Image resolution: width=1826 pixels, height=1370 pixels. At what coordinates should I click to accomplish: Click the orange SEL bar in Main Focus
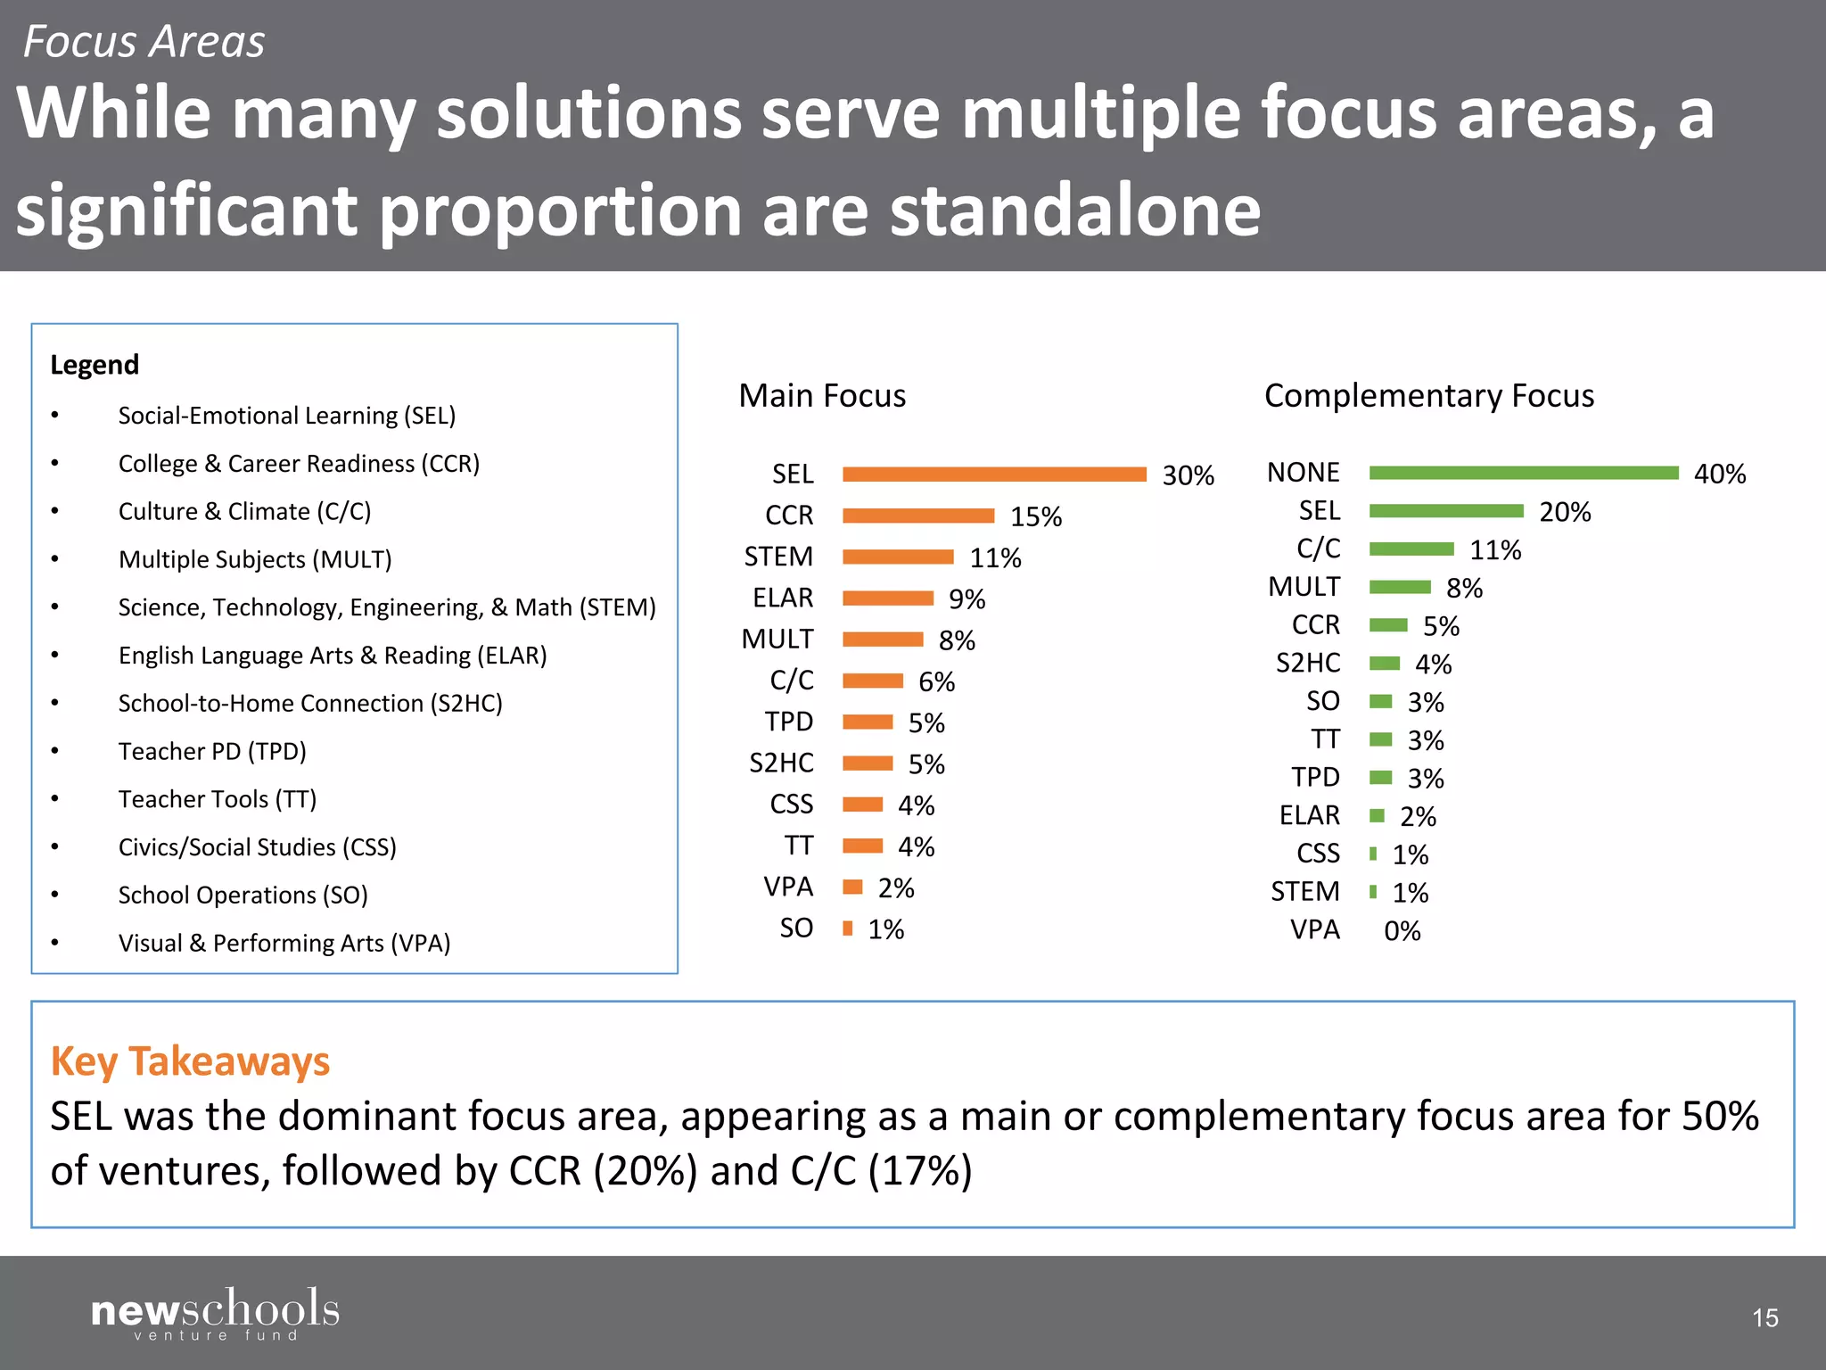(994, 475)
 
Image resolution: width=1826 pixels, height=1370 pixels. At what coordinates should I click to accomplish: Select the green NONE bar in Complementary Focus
(1524, 473)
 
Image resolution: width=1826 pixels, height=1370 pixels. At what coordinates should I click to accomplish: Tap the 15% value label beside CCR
(1035, 516)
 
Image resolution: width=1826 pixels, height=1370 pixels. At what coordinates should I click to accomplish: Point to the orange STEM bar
(898, 557)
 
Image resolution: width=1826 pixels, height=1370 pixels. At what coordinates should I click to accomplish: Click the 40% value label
(1719, 474)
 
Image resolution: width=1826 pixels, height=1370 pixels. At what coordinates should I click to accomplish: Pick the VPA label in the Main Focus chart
(788, 887)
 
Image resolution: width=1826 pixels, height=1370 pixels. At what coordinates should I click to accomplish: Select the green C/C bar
(1411, 549)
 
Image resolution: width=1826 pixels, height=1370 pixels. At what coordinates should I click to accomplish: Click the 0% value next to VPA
(1402, 931)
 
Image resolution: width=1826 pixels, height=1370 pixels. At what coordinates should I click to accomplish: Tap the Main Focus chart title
(821, 395)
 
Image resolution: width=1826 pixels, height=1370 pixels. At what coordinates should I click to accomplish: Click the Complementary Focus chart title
(1428, 395)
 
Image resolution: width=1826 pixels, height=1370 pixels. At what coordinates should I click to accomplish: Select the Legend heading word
(95, 365)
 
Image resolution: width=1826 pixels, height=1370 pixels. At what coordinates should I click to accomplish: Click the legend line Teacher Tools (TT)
(217, 799)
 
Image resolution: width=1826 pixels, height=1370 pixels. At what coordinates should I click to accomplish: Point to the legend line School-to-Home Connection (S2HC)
(310, 703)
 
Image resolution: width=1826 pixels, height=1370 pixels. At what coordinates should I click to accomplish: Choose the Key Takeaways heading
(190, 1061)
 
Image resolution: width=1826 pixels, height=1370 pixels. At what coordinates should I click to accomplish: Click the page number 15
(1764, 1317)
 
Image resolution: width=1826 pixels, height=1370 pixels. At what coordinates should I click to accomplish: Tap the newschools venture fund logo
(215, 1313)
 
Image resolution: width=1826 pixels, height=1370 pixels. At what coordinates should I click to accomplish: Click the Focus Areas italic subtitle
(144, 42)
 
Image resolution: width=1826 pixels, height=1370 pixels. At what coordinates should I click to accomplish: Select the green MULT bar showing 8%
(1400, 587)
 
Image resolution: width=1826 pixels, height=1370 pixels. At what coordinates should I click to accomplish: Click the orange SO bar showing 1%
(847, 928)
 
